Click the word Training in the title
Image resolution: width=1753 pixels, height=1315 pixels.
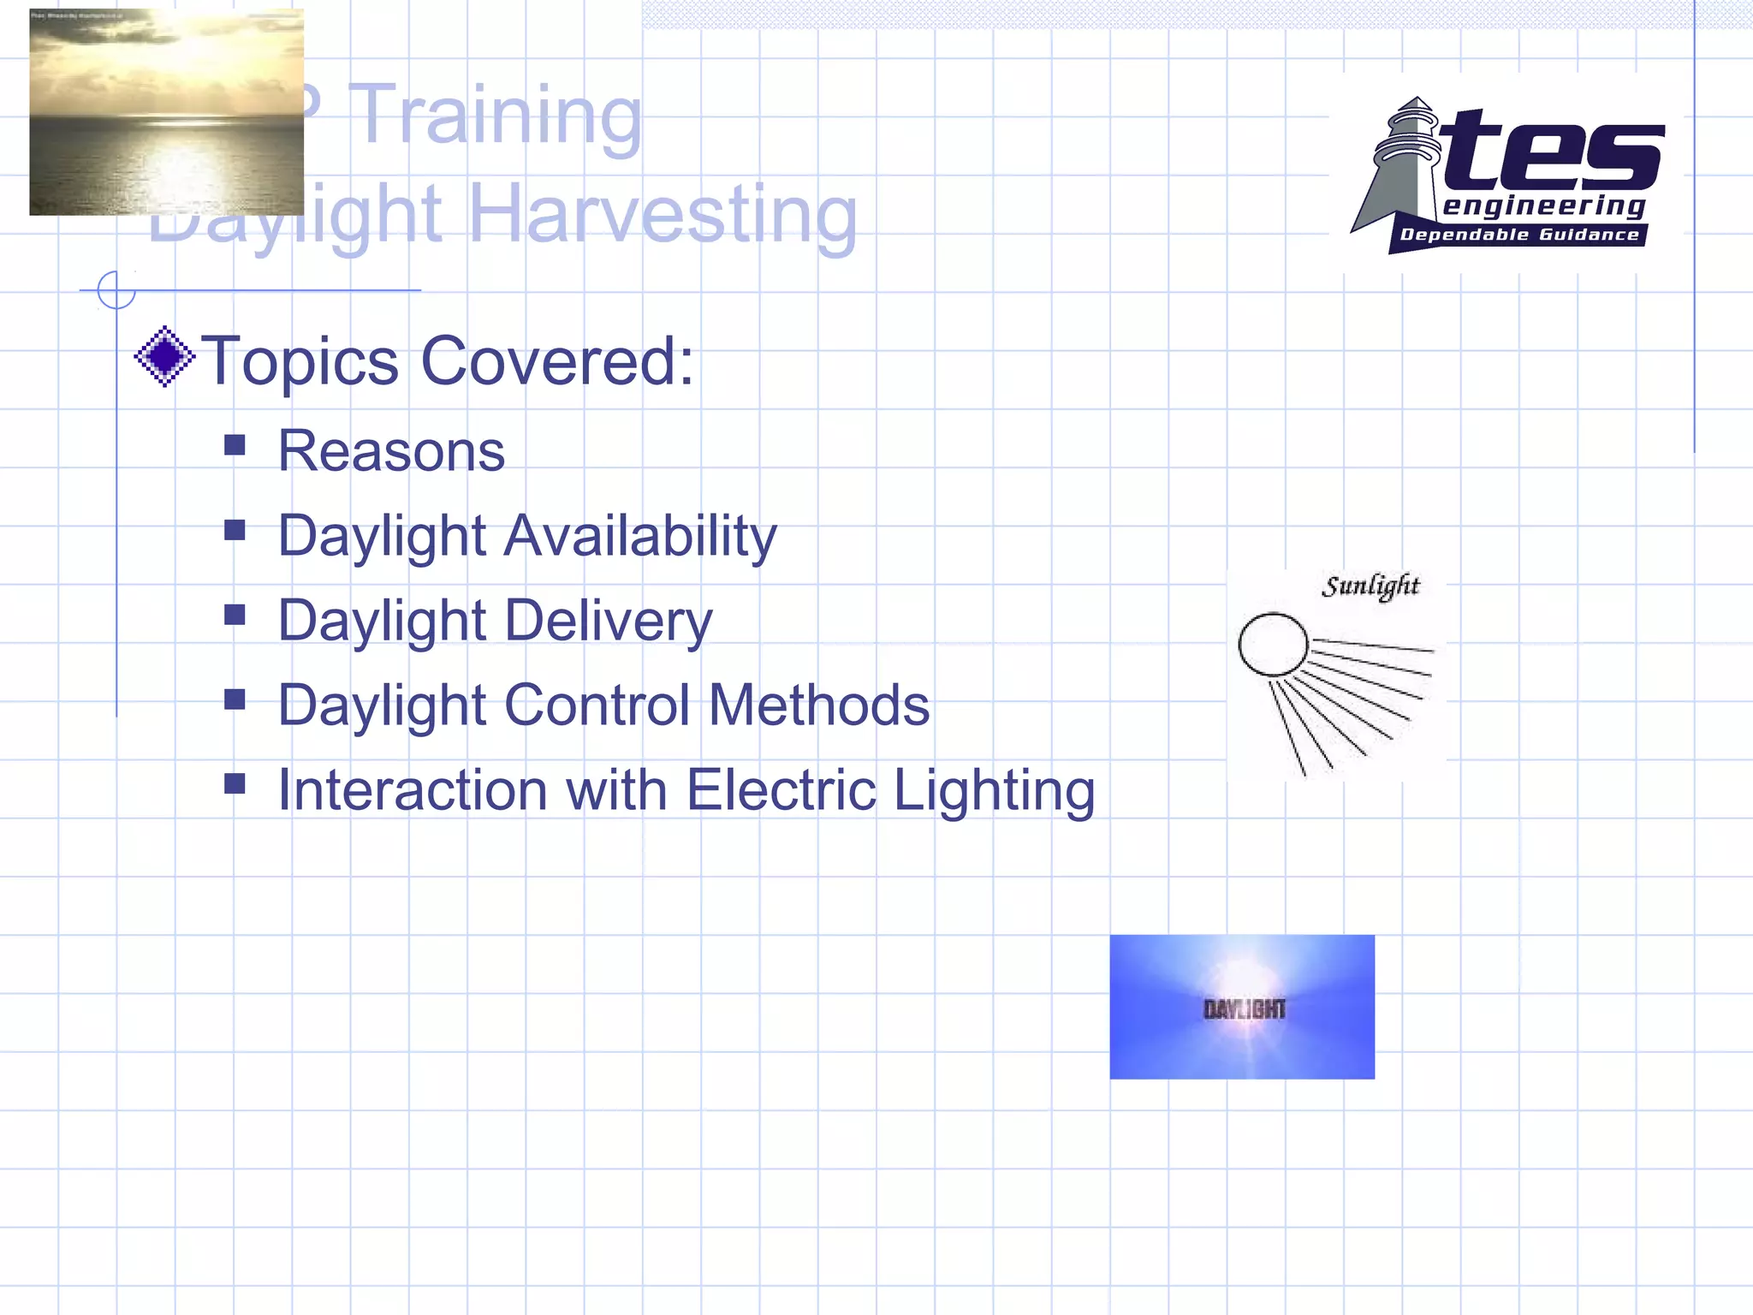496,116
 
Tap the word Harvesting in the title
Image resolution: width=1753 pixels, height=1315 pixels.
663,214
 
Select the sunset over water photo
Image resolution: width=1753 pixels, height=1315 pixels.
166,112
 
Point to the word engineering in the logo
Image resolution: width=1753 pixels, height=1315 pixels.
1544,206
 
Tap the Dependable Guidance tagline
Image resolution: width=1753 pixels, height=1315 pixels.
1519,235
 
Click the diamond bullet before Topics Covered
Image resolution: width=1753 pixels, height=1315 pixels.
164,357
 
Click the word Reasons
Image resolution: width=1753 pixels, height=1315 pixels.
392,451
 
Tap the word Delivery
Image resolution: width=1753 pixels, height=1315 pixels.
609,621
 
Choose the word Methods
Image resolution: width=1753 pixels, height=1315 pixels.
819,705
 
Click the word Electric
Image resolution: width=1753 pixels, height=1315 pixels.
781,789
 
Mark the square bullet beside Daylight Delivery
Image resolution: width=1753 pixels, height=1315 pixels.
235,615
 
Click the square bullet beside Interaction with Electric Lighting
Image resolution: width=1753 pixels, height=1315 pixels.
235,783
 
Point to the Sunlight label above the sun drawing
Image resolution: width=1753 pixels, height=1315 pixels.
1370,586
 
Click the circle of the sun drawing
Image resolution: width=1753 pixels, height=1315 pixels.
1273,645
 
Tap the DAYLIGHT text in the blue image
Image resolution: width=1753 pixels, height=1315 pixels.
1244,1009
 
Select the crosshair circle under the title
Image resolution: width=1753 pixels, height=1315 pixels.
116,290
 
